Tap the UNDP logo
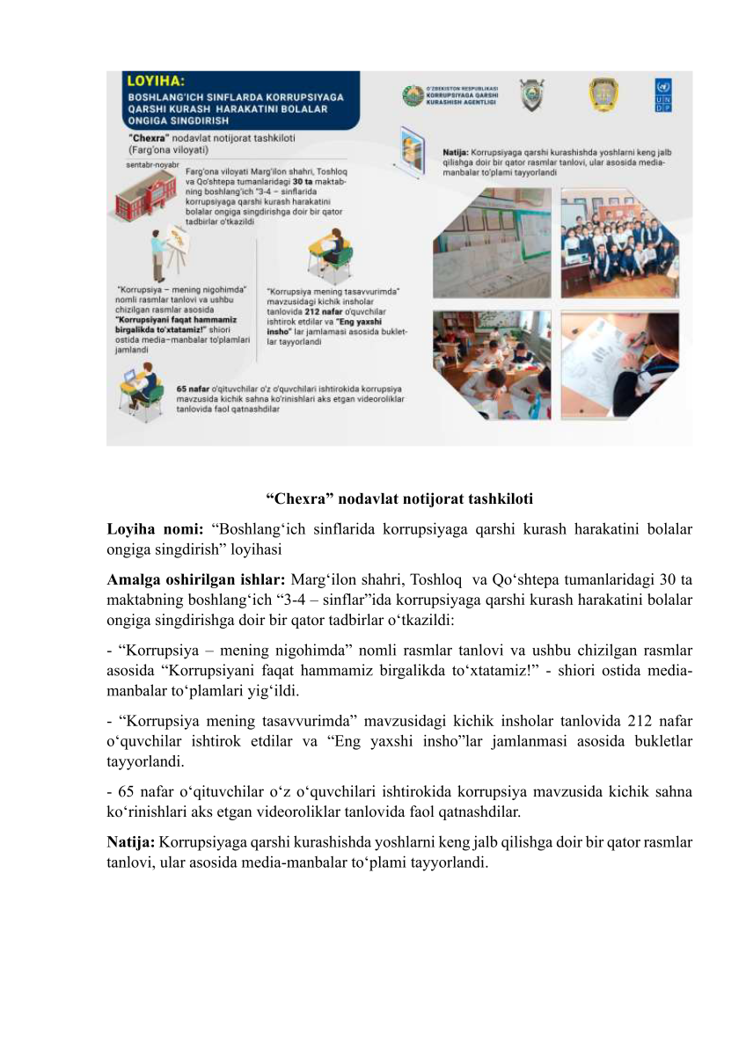point(663,96)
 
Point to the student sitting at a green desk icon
point(332,253)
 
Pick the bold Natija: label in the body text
point(131,842)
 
